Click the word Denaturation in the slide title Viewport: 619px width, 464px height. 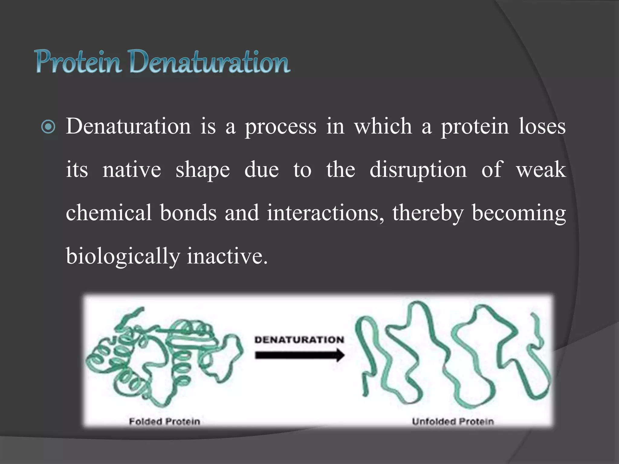tap(210, 62)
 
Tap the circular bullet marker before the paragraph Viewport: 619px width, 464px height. tap(48, 127)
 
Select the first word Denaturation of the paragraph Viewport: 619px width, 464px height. tap(128, 126)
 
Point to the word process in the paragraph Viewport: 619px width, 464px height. tap(280, 127)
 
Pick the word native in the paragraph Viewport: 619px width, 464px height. tap(132, 169)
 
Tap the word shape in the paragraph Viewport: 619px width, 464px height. tap(203, 170)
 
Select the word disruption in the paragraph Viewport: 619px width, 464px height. tap(418, 170)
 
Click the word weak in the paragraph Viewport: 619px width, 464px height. tap(541, 169)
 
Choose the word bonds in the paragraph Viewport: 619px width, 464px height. tap(188, 213)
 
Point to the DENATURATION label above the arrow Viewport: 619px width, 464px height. tap(299, 340)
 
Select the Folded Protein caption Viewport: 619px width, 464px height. tap(164, 421)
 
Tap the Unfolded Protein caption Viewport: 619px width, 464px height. tap(453, 421)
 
